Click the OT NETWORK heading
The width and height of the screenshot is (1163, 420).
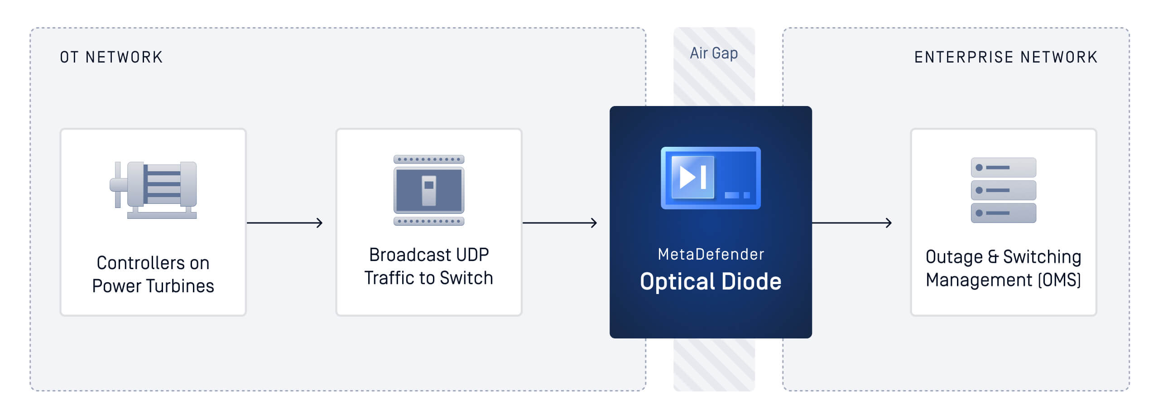(x=111, y=57)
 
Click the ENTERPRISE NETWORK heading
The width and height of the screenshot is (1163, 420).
(x=1005, y=57)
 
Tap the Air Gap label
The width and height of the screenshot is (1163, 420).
(x=714, y=53)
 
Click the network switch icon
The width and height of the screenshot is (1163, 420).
(x=428, y=190)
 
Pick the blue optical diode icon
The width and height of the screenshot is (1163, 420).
(x=711, y=178)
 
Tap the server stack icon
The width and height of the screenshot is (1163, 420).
(x=1003, y=190)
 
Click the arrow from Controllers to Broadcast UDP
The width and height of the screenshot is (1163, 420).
(x=284, y=222)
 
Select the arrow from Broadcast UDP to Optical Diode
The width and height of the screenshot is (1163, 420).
(x=560, y=222)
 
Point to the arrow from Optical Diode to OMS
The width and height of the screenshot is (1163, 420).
(x=851, y=222)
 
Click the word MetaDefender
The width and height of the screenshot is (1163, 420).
(x=711, y=254)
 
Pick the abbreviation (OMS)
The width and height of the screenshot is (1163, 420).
(x=1059, y=280)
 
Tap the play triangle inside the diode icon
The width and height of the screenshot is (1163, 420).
(x=687, y=177)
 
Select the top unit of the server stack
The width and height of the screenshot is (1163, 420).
(x=1003, y=168)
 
